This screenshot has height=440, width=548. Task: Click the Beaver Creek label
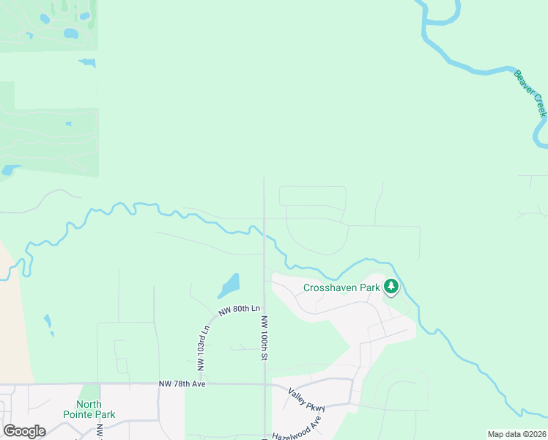(530, 94)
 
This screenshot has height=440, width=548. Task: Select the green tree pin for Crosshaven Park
(391, 287)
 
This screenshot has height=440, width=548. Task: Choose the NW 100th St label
(264, 338)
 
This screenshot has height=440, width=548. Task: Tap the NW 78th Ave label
(183, 384)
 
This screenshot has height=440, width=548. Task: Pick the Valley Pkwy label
(306, 399)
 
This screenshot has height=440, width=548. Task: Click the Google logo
(24, 431)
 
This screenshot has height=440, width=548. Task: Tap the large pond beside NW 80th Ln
(229, 286)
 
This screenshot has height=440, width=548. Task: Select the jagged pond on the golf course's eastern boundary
(87, 62)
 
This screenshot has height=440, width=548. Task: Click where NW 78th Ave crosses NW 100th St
(264, 383)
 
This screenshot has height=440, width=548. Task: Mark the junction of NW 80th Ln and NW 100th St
(264, 302)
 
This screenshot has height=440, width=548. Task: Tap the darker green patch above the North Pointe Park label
(89, 392)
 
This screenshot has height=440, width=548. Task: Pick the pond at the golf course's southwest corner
(8, 170)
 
